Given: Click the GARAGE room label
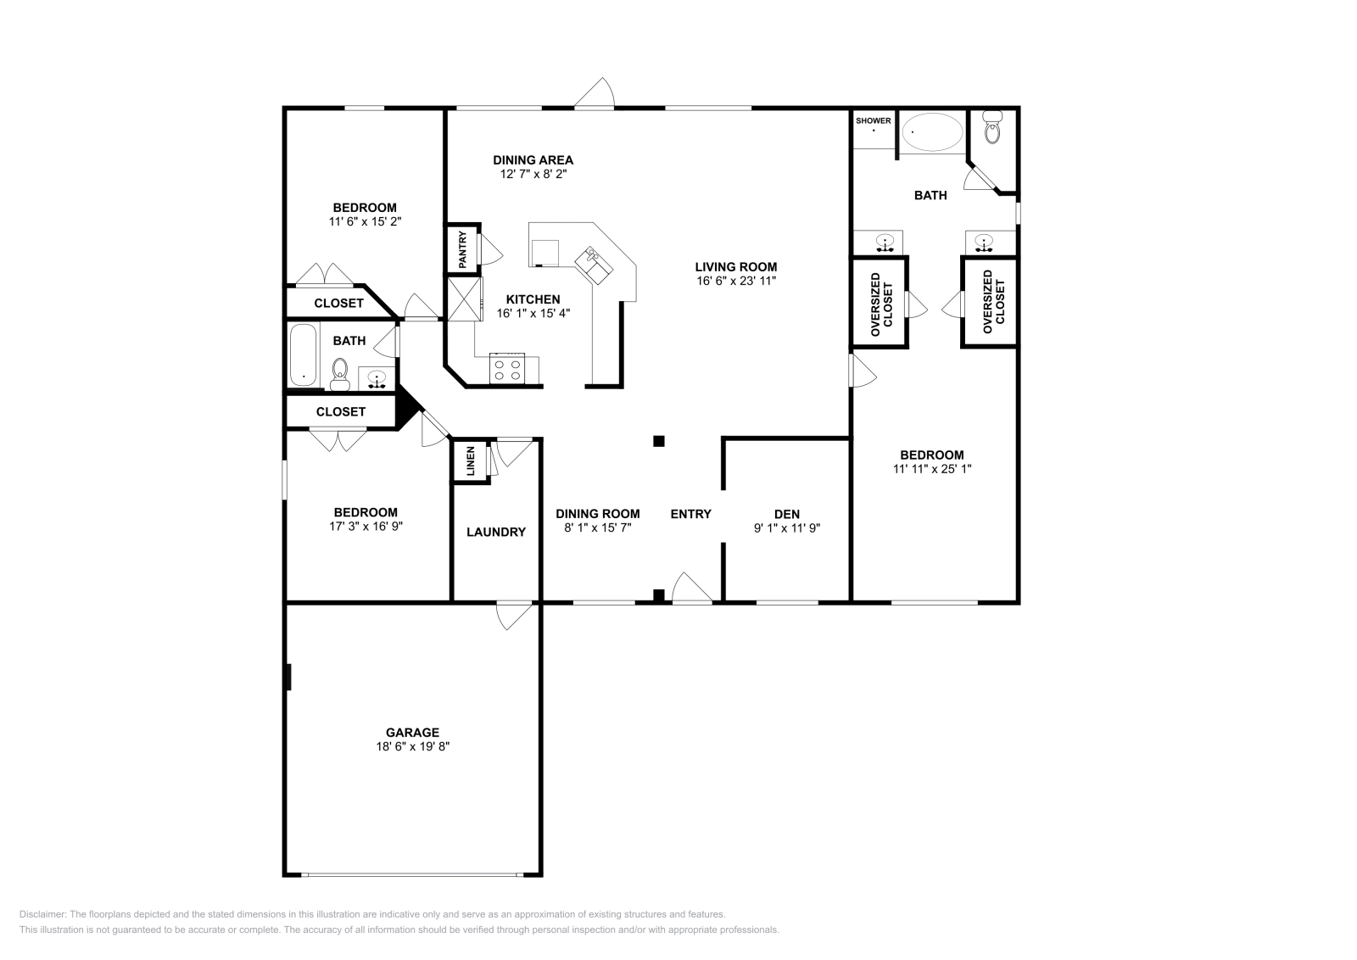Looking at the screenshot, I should click(x=412, y=733).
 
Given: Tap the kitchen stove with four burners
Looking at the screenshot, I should click(x=507, y=369).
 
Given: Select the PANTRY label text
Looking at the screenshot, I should click(x=463, y=250).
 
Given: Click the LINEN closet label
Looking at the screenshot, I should click(x=471, y=461).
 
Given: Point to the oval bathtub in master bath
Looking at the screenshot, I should click(x=932, y=132).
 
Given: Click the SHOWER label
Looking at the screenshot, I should click(x=873, y=120).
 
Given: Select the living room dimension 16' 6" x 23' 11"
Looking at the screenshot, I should click(x=735, y=281).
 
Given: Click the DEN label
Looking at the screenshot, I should click(x=786, y=514).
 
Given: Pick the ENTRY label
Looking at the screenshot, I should click(x=690, y=514).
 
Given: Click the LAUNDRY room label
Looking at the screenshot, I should click(x=496, y=533).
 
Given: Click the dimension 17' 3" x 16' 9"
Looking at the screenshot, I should click(x=366, y=526).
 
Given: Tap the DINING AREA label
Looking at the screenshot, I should click(x=533, y=159).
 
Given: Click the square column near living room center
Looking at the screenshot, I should click(x=658, y=441).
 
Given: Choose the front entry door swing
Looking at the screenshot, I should click(x=692, y=589).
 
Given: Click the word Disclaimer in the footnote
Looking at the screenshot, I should click(x=42, y=914).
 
